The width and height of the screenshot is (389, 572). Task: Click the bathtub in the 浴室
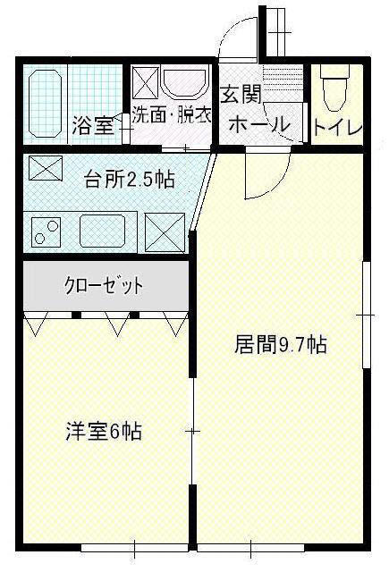point(45,104)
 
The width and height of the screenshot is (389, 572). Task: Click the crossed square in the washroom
point(145,82)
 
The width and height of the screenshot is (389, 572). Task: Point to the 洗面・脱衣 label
point(172,114)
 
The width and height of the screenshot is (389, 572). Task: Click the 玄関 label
point(241,96)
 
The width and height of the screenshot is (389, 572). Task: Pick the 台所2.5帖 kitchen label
point(130,179)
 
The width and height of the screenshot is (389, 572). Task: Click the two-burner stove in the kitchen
point(46,232)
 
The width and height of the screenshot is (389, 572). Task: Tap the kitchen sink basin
point(103,231)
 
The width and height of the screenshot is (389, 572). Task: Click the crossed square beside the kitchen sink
point(165,232)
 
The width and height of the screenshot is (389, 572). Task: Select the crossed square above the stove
point(46,168)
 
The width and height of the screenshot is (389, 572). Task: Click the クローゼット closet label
point(104,286)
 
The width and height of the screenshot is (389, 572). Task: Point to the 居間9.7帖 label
point(280,344)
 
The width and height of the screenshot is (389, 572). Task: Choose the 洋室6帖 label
point(104,431)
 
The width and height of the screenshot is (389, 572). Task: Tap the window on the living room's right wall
point(366,315)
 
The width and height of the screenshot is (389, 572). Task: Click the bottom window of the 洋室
point(134,548)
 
